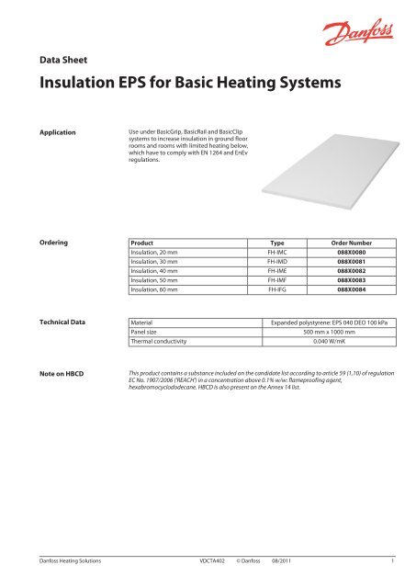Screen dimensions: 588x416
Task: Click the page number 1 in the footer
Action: tap(393, 559)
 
